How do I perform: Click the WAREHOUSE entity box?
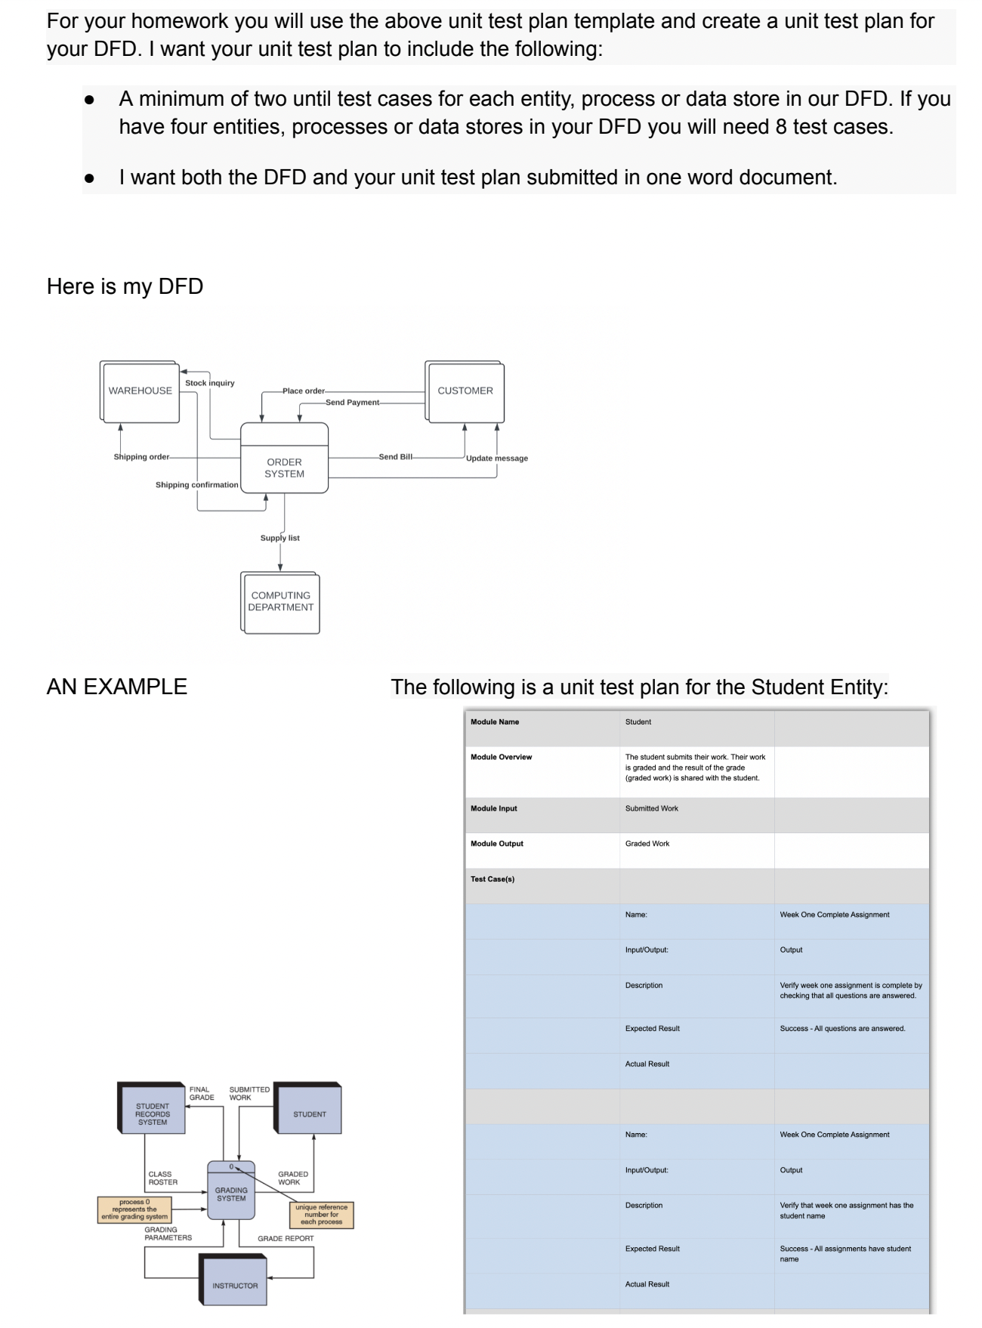[140, 391]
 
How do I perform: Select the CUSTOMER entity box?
[465, 391]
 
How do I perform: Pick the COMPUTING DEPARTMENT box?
[281, 602]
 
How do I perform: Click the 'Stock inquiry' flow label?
[210, 383]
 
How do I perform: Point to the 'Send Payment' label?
[352, 403]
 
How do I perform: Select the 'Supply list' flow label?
[280, 538]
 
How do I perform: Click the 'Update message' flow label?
[497, 459]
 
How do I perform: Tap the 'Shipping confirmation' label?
[196, 485]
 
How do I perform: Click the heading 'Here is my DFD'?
[125, 287]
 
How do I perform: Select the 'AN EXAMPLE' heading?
[117, 687]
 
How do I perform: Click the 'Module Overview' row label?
[502, 757]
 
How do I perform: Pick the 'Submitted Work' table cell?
[652, 808]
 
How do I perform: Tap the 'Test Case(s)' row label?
[493, 879]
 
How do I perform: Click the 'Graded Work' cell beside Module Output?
[647, 844]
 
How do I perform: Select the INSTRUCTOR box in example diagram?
[235, 1286]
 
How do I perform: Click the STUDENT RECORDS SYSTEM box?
[153, 1114]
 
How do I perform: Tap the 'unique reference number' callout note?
[322, 1215]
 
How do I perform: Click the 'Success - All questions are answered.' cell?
[842, 1029]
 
